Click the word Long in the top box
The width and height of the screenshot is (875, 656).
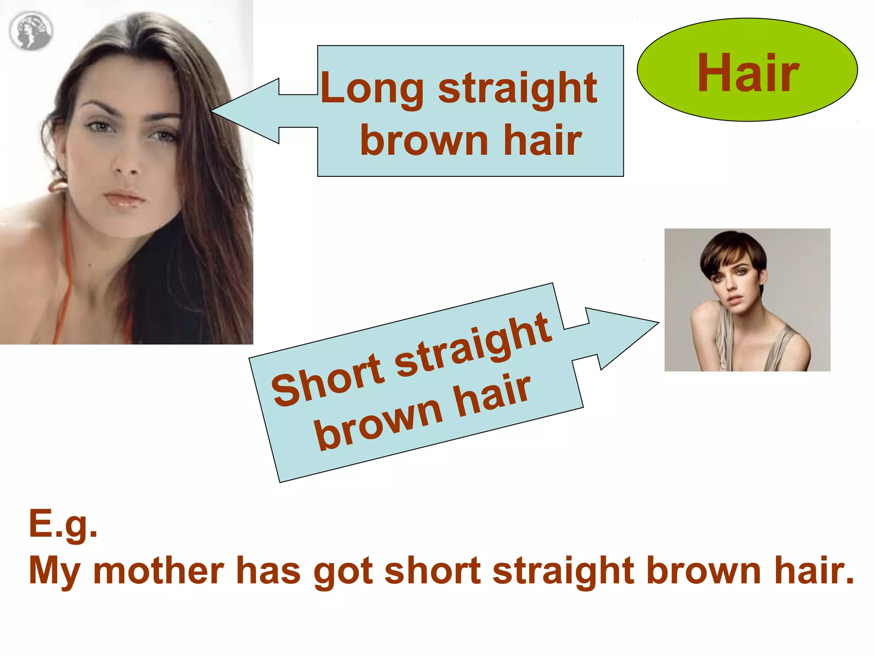pos(372,89)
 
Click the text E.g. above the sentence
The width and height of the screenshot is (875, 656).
pos(63,524)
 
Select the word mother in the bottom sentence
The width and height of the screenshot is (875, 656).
pos(158,571)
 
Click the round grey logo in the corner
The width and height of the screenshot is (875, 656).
pos(31,31)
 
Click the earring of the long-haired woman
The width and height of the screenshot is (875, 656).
pos(58,185)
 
